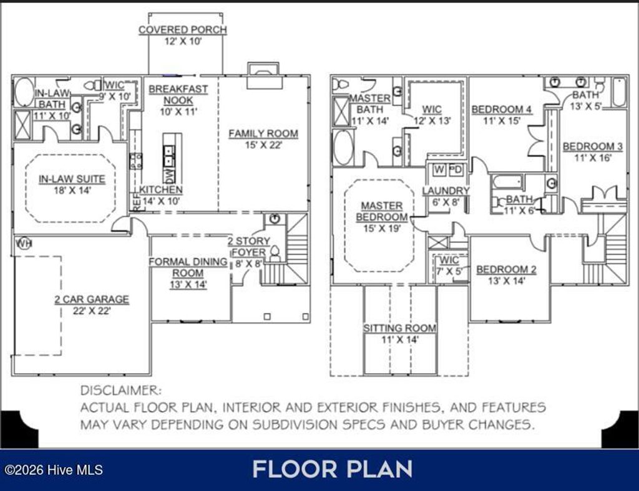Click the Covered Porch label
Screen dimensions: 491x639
[182, 30]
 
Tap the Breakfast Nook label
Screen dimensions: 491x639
[178, 95]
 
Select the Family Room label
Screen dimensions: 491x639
[263, 133]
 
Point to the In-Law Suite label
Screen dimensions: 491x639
[72, 179]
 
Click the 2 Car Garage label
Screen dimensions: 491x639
[91, 299]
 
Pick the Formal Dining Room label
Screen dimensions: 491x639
[188, 267]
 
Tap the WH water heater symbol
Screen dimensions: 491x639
[24, 242]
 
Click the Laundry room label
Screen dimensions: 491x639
[446, 191]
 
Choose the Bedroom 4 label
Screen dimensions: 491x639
[501, 110]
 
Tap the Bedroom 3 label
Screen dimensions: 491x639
[592, 146]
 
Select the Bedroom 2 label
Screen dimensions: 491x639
[506, 270]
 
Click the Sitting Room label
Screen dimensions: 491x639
[400, 328]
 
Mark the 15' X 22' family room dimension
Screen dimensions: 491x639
[263, 145]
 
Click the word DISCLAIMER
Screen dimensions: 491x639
[120, 391]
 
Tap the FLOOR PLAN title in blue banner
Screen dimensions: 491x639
[332, 469]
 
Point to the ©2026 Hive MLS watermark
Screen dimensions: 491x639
[52, 470]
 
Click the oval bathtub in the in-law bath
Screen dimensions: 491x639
[24, 92]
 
